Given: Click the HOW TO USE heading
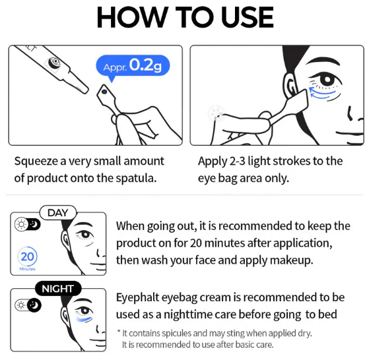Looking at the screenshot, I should tap(183, 18).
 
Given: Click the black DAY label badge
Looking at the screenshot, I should tap(58, 212).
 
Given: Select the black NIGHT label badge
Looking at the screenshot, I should tap(58, 289).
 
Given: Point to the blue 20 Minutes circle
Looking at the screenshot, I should tap(28, 257).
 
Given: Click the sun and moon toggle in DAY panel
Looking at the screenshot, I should tap(28, 225).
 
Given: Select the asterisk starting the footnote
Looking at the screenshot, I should tap(118, 332).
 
